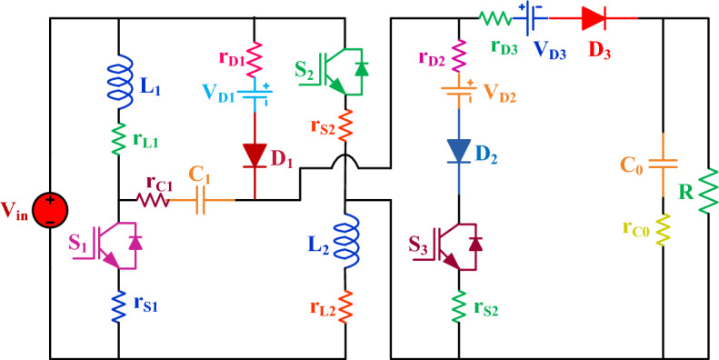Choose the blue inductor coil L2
[345, 242]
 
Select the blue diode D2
[460, 148]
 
